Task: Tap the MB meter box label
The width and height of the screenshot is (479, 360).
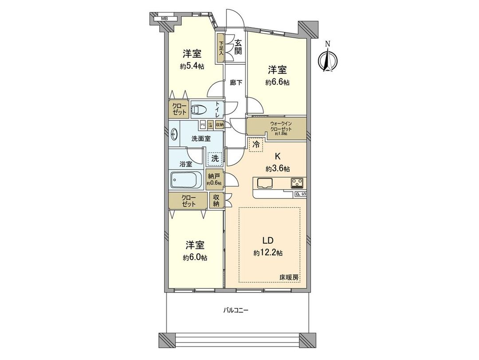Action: click(164, 19)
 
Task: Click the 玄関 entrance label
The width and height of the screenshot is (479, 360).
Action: click(238, 47)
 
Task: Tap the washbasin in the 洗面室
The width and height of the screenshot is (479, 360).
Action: click(173, 135)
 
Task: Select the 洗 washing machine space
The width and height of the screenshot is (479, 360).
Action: click(215, 158)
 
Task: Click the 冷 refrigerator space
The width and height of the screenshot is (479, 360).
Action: click(256, 144)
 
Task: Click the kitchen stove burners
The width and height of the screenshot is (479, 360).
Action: click(298, 182)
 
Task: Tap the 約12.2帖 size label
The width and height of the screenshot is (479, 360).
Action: click(268, 253)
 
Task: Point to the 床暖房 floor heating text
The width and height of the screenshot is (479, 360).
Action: click(289, 277)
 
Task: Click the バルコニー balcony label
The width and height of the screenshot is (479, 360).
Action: click(236, 310)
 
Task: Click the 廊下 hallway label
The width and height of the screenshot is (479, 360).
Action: click(235, 82)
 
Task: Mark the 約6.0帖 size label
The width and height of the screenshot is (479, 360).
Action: click(195, 257)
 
